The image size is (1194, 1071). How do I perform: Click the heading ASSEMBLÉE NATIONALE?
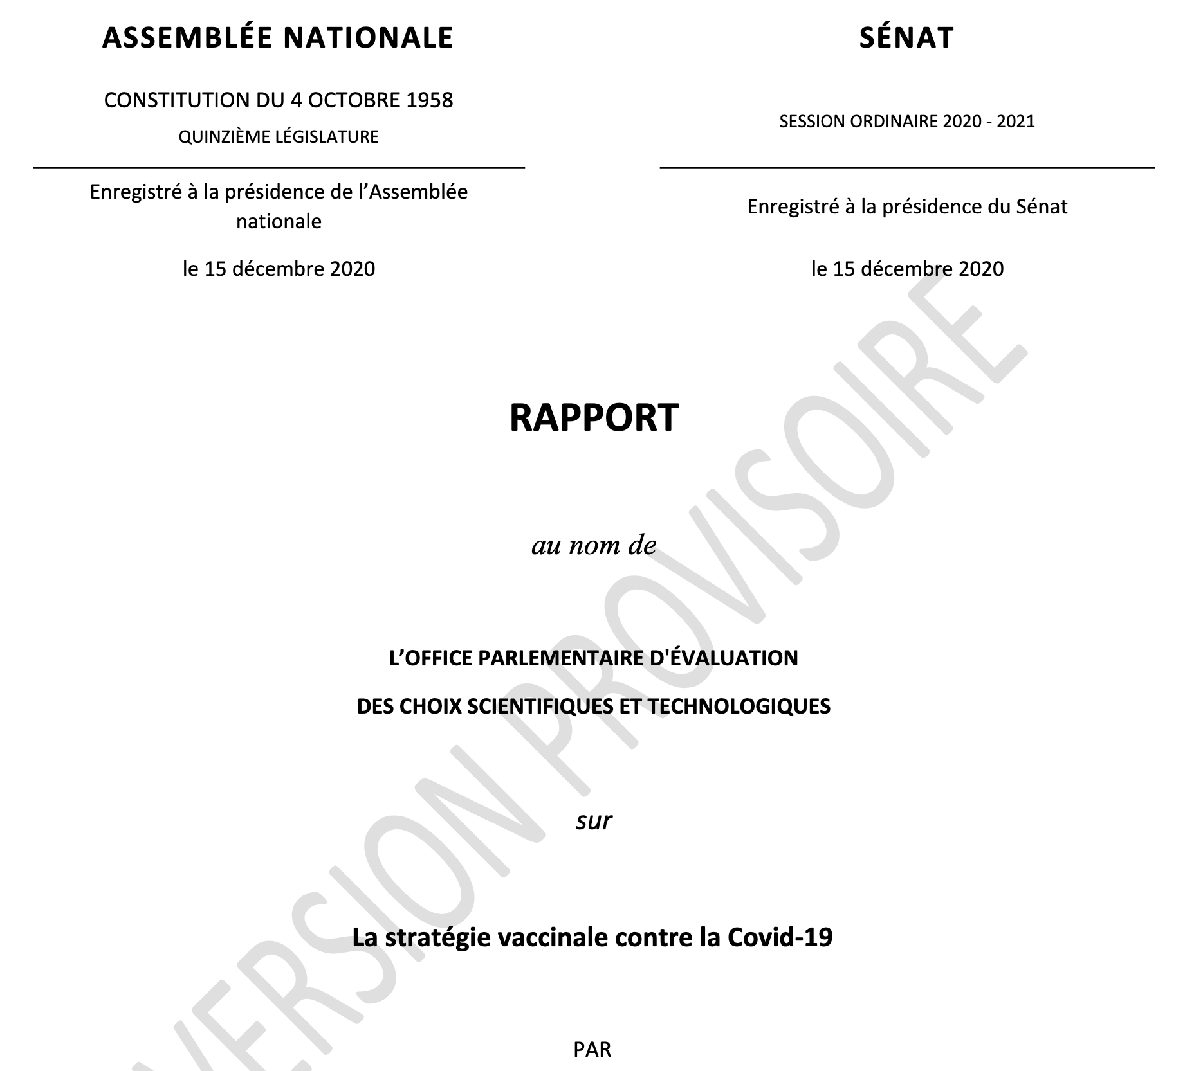tap(277, 37)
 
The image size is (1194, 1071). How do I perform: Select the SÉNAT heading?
tap(906, 37)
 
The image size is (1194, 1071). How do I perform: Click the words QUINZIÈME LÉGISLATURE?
tap(279, 137)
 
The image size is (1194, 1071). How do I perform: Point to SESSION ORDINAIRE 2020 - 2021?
tap(907, 122)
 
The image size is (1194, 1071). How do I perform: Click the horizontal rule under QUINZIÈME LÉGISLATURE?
tap(279, 168)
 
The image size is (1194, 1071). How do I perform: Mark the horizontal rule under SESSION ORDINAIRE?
tap(907, 168)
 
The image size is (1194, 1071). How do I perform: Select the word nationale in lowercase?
tap(279, 222)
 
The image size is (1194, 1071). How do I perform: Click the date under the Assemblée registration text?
tap(279, 269)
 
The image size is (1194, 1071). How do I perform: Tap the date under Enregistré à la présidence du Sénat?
tap(907, 269)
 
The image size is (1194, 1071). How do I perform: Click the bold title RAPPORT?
tap(594, 418)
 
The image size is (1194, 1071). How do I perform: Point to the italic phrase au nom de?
tap(594, 545)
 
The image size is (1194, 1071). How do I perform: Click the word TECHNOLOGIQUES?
tap(739, 706)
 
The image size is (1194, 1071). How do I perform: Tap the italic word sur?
tap(594, 821)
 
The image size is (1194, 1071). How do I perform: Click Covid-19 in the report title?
tap(780, 937)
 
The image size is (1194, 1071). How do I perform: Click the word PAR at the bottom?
tap(592, 1050)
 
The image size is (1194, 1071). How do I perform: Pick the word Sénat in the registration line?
tap(1042, 207)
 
